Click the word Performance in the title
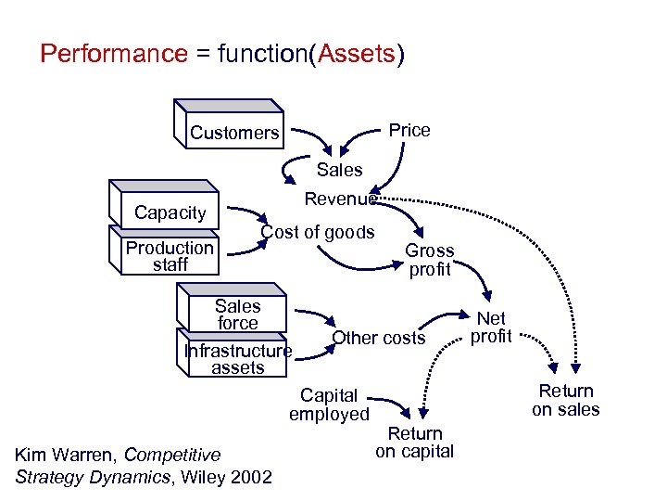[114, 54]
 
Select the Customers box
[233, 132]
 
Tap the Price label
[409, 130]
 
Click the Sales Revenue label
[340, 185]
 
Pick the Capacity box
[170, 212]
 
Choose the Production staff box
[170, 256]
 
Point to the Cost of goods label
[318, 232]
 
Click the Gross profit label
[430, 260]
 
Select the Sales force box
[237, 315]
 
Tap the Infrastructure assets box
[238, 359]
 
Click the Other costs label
[378, 338]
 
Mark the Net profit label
[491, 328]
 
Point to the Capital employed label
[329, 405]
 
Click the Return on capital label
[414, 443]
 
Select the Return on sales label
[565, 400]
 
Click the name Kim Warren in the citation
[66, 455]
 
